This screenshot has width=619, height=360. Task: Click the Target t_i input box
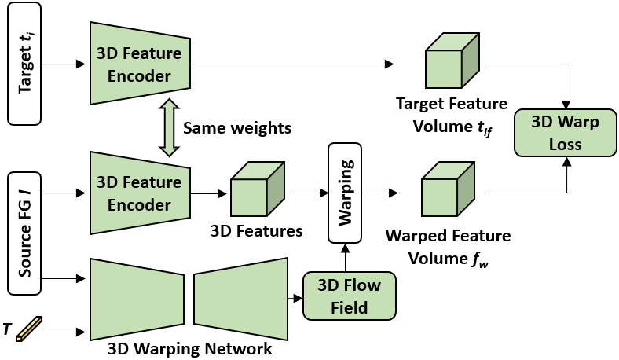pyautogui.click(x=24, y=64)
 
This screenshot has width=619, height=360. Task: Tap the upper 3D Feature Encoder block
pyautogui.click(x=141, y=64)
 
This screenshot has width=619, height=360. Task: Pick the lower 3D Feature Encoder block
pyautogui.click(x=141, y=193)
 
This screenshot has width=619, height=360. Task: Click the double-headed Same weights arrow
pyautogui.click(x=166, y=128)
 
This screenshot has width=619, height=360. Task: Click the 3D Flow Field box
pyautogui.click(x=350, y=296)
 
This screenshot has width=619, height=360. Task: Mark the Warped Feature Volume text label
pyautogui.click(x=447, y=245)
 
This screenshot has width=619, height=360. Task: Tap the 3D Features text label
pyautogui.click(x=257, y=231)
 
